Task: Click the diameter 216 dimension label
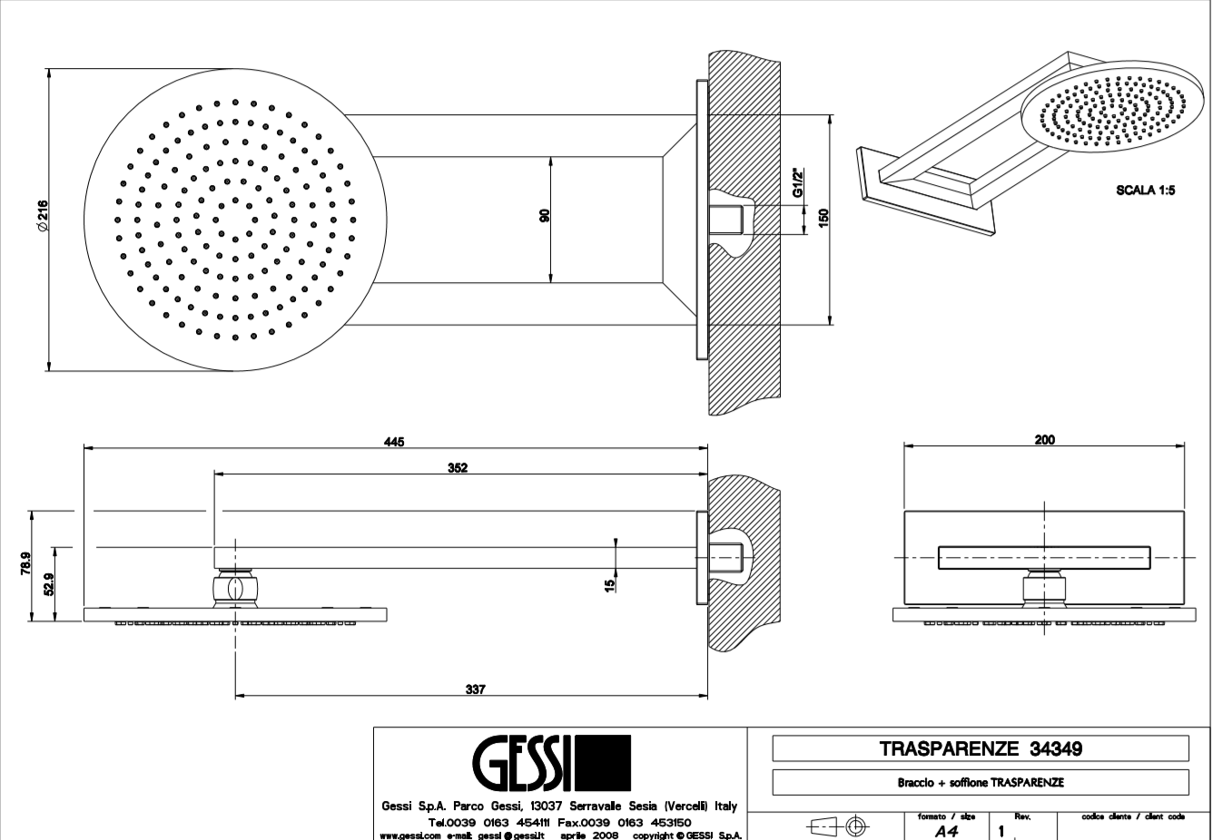pyautogui.click(x=42, y=218)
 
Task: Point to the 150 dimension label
pyautogui.click(x=823, y=219)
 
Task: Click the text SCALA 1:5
pyautogui.click(x=1145, y=191)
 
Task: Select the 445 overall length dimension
pyautogui.click(x=393, y=441)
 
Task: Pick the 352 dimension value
pyautogui.click(x=458, y=467)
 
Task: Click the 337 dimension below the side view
pyautogui.click(x=475, y=689)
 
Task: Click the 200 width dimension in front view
pyautogui.click(x=1044, y=440)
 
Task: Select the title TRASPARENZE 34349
pyautogui.click(x=981, y=749)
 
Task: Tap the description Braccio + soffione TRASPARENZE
pyautogui.click(x=981, y=782)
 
